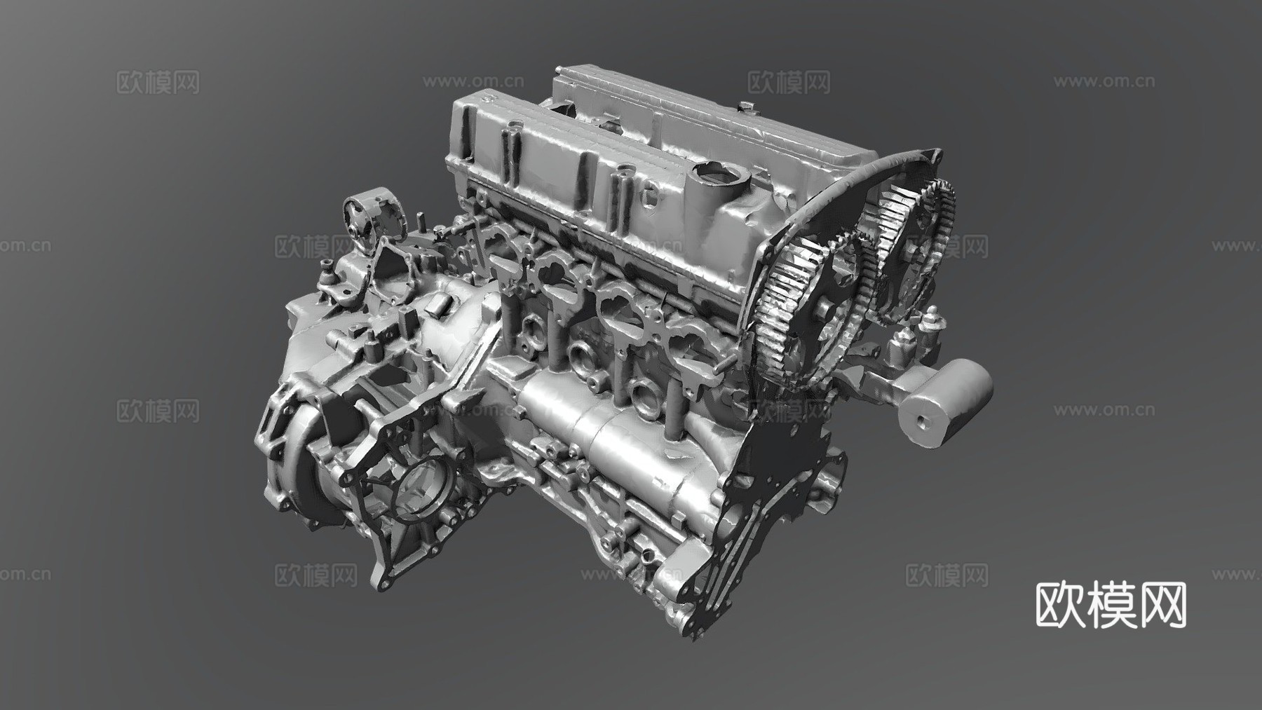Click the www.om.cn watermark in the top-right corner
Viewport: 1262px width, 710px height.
point(1104,81)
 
